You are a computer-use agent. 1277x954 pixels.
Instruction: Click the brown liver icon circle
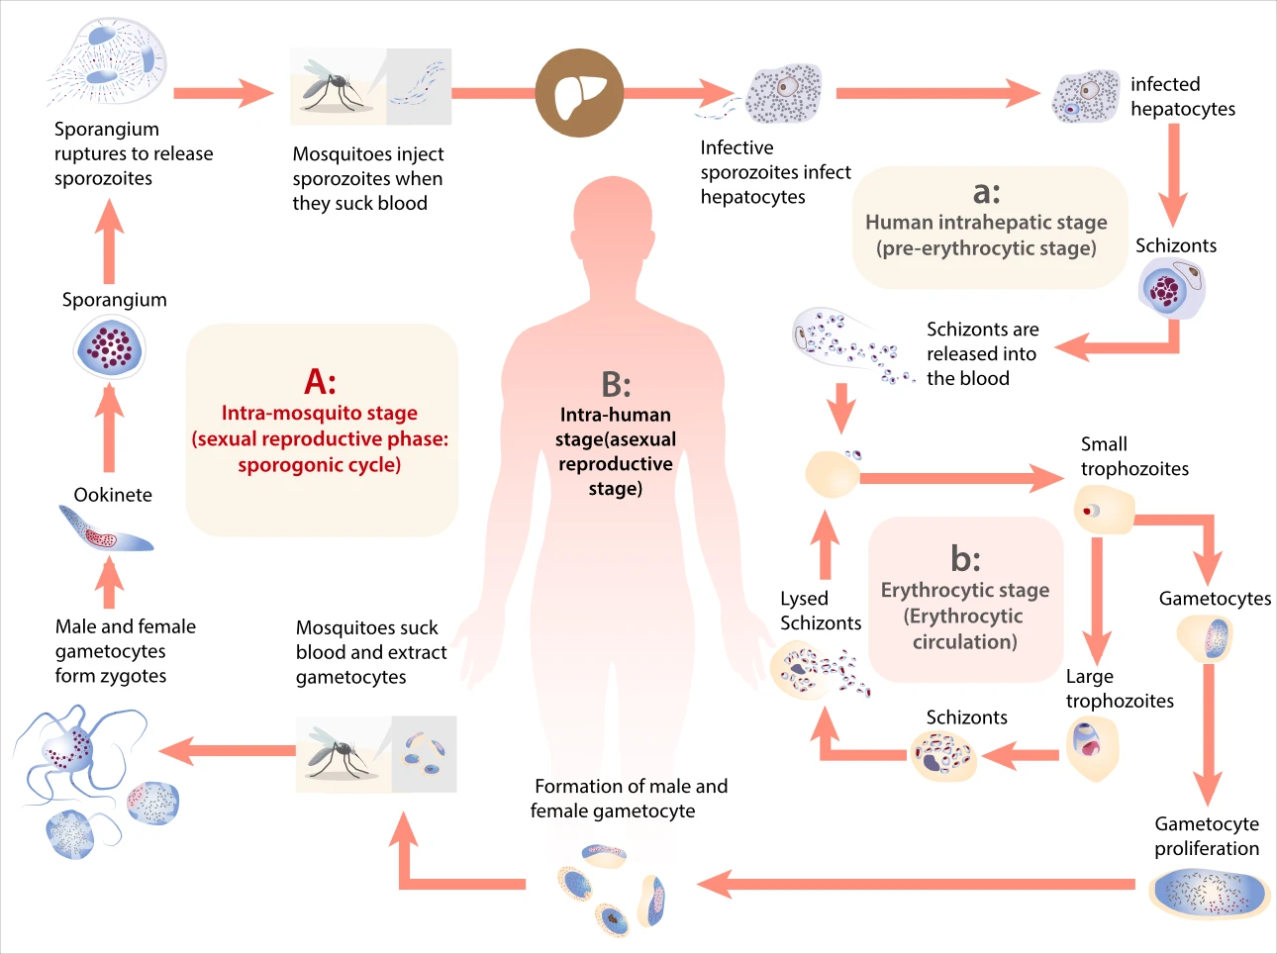pos(579,94)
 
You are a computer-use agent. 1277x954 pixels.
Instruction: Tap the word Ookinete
pos(113,495)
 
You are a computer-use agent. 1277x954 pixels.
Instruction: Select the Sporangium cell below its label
pos(110,346)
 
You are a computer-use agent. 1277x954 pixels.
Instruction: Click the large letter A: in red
pos(320,381)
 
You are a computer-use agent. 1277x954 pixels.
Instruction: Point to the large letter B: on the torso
pos(616,384)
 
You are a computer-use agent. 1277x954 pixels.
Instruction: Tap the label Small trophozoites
pos(1133,456)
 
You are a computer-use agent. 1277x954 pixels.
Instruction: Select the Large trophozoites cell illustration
pos(1092,746)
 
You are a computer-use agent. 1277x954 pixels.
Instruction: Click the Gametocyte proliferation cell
pos(1209,893)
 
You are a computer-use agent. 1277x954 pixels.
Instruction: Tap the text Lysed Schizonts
pos(820,611)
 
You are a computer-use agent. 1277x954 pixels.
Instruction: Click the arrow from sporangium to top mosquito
pos(223,94)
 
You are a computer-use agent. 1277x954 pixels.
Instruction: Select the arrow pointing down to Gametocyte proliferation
pos(1208,732)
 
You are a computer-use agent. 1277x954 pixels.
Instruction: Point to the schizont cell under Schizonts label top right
pos(1170,288)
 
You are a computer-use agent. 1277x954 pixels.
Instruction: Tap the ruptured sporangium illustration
pos(107,61)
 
